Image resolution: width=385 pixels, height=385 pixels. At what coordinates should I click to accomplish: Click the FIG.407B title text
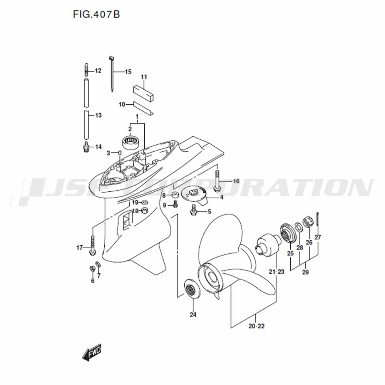click(96, 14)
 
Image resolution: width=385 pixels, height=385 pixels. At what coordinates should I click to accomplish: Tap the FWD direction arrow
click(92, 352)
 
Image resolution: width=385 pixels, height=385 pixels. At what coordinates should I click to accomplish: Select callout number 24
click(193, 314)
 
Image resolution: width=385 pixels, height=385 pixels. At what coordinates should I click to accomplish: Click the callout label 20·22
click(256, 326)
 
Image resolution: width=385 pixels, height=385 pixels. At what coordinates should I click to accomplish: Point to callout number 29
click(305, 272)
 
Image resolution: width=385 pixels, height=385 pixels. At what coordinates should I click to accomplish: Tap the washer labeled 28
click(299, 227)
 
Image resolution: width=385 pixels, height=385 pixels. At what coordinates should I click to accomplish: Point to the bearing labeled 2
click(131, 142)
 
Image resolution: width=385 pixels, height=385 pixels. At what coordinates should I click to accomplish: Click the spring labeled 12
click(86, 70)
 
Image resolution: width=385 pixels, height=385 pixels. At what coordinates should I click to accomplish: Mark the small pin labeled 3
click(120, 153)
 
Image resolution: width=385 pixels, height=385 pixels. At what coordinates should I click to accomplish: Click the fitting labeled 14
click(86, 147)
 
